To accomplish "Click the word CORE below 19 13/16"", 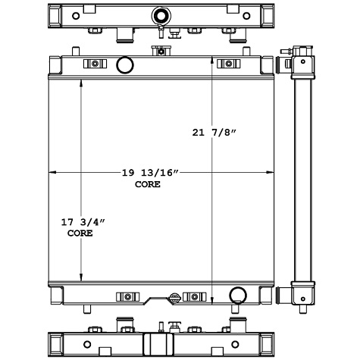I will (x=147, y=184).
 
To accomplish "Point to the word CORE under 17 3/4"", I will (x=80, y=233).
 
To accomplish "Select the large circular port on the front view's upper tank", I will (x=124, y=64).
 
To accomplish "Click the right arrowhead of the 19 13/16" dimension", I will (x=274, y=174).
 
